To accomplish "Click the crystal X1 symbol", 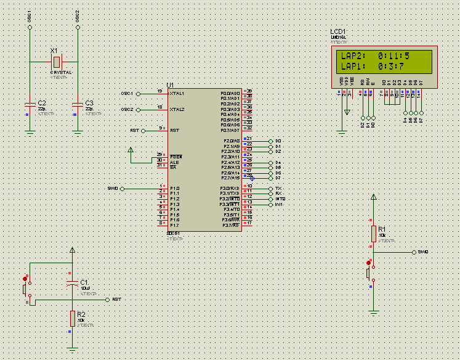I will coord(57,61).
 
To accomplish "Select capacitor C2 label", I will coord(42,103).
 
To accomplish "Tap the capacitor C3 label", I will coord(89,103).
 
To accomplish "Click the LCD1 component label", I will coord(338,31).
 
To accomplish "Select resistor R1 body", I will coord(373,233).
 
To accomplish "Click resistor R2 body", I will coord(73,317).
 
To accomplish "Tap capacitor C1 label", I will coord(84,282).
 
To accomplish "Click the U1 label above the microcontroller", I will coord(170,84).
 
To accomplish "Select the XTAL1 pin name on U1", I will coord(177,93).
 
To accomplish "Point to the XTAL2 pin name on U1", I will coord(177,109).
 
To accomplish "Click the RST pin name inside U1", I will coord(174,131).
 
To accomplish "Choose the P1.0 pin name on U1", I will coord(175,188).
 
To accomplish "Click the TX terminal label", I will coord(278,188).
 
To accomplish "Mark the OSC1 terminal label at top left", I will coord(30,17).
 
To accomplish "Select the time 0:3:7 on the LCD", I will coord(391,66).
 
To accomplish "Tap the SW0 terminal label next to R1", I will coord(422,252).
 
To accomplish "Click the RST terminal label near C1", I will coord(116,299).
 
